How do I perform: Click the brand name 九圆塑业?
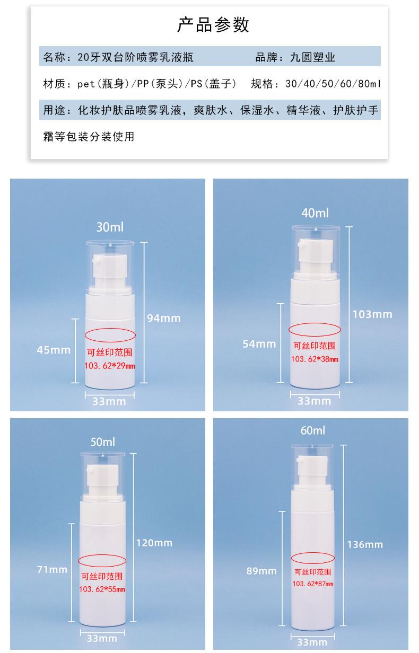click(x=312, y=57)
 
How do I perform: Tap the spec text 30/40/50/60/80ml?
click(x=333, y=84)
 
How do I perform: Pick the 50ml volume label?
click(x=102, y=442)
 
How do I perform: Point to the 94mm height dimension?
click(x=164, y=318)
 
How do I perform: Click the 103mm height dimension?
click(x=372, y=314)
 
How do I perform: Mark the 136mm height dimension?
click(x=364, y=544)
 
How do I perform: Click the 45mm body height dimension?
click(x=54, y=349)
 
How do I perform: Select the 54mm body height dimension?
click(x=259, y=343)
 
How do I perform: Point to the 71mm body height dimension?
click(x=52, y=569)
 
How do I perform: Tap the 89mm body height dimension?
click(x=261, y=571)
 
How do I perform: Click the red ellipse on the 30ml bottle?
click(x=110, y=334)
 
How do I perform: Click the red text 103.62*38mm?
click(x=315, y=359)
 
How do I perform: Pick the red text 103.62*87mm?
click(x=313, y=584)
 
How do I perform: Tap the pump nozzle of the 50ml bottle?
click(x=91, y=470)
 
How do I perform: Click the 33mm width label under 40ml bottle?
click(x=314, y=401)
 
